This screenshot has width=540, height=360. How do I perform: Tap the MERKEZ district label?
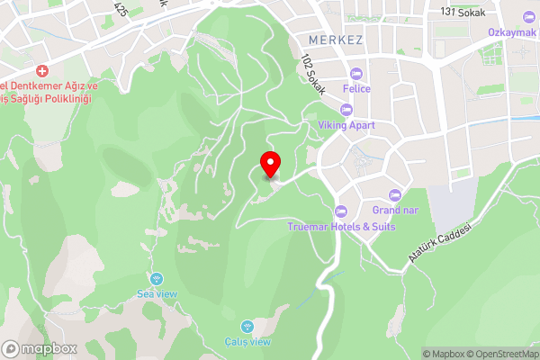334,40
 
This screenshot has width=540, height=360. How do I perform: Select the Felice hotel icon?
356,73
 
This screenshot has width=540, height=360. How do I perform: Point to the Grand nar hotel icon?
393,195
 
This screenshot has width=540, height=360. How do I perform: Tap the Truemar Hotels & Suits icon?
340,211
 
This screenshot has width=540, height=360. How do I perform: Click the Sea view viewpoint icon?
157,279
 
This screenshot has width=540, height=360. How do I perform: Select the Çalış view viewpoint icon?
247,326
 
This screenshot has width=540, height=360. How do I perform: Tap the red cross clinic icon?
41,71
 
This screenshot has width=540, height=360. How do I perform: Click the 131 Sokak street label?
463,13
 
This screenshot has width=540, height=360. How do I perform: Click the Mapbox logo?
40,348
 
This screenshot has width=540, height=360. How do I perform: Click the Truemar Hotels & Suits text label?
341,227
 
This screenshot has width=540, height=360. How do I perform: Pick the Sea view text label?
157,294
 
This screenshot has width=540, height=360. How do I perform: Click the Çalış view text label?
247,341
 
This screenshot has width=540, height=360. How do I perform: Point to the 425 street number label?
121,8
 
